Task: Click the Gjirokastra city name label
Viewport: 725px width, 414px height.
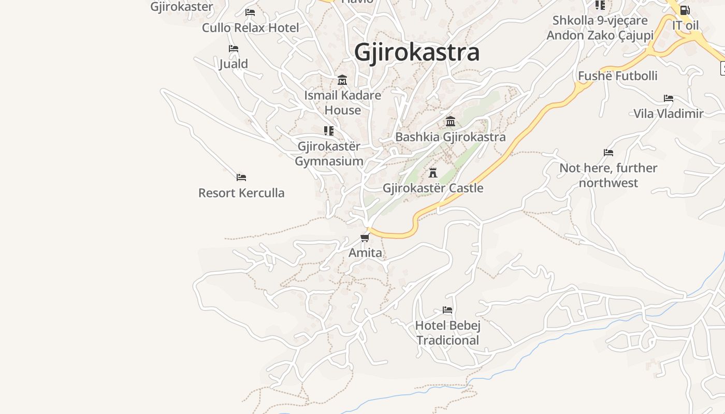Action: click(417, 53)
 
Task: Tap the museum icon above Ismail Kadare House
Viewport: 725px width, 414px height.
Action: click(342, 80)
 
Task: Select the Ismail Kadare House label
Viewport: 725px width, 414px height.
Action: click(342, 102)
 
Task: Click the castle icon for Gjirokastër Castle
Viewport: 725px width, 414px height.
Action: click(433, 172)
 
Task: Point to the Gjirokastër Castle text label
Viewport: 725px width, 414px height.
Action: click(433, 188)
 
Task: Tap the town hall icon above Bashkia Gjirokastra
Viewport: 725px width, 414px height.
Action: click(451, 122)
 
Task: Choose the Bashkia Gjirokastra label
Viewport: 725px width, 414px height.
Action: click(451, 137)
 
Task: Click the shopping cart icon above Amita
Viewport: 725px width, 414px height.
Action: click(365, 238)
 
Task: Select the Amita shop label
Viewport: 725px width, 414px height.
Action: click(365, 253)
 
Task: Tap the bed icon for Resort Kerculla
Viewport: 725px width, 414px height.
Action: click(241, 178)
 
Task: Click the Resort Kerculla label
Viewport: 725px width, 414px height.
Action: click(241, 193)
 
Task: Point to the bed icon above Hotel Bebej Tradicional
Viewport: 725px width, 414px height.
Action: click(447, 310)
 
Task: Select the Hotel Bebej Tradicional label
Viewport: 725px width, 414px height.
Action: click(448, 333)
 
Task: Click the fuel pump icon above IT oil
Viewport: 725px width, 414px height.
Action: click(685, 10)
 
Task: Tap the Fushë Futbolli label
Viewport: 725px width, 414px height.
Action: click(617, 76)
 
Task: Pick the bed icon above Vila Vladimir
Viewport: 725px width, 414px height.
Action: click(669, 98)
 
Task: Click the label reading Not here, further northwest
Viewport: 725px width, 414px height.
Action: click(608, 175)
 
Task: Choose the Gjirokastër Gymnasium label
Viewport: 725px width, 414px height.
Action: click(329, 154)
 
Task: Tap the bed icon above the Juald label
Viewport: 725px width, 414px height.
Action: click(234, 49)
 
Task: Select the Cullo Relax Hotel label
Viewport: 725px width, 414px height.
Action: click(251, 27)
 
